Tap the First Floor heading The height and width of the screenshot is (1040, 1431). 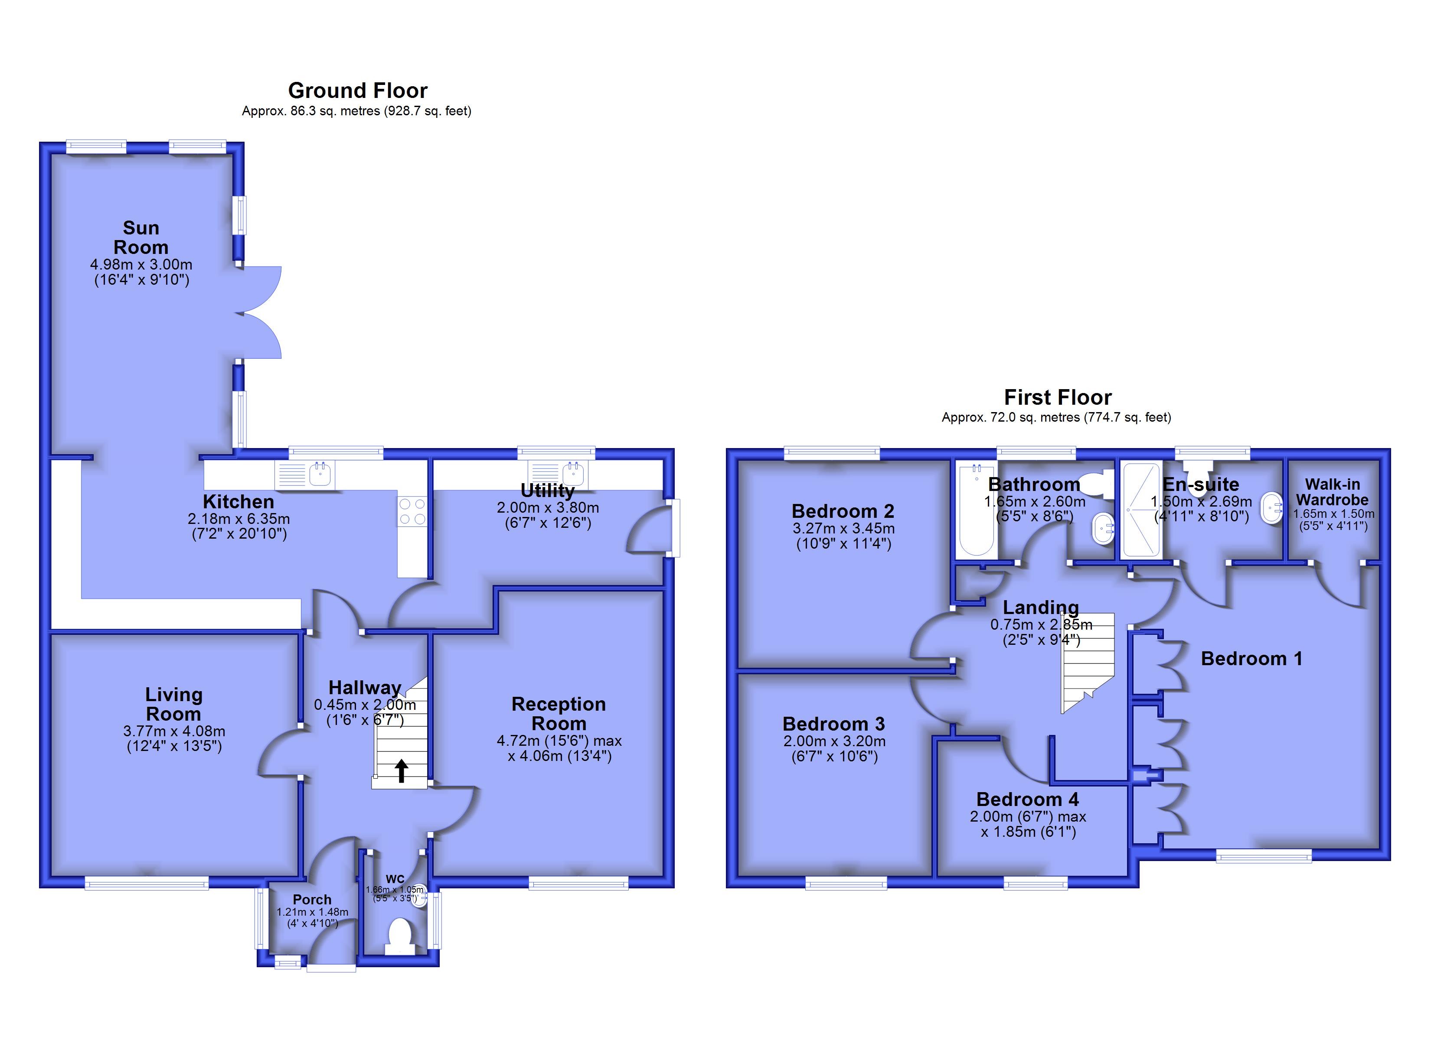(x=1058, y=397)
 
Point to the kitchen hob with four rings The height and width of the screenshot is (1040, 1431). (x=412, y=511)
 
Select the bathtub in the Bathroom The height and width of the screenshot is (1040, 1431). (x=976, y=510)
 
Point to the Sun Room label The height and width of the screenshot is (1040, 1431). (x=140, y=237)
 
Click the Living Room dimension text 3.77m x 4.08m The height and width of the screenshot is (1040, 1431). (x=174, y=731)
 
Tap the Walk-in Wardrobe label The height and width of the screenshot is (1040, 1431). (x=1333, y=492)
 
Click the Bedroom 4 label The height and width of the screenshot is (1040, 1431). (x=1028, y=799)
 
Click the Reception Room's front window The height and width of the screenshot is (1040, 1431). (x=578, y=882)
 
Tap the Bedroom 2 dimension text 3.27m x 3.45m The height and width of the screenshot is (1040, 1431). (x=843, y=529)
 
